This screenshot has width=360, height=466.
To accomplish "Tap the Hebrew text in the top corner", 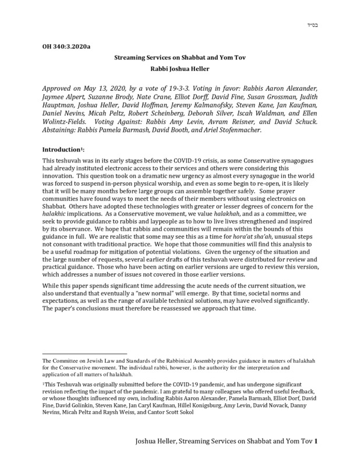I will pyautogui.click(x=309, y=25).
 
